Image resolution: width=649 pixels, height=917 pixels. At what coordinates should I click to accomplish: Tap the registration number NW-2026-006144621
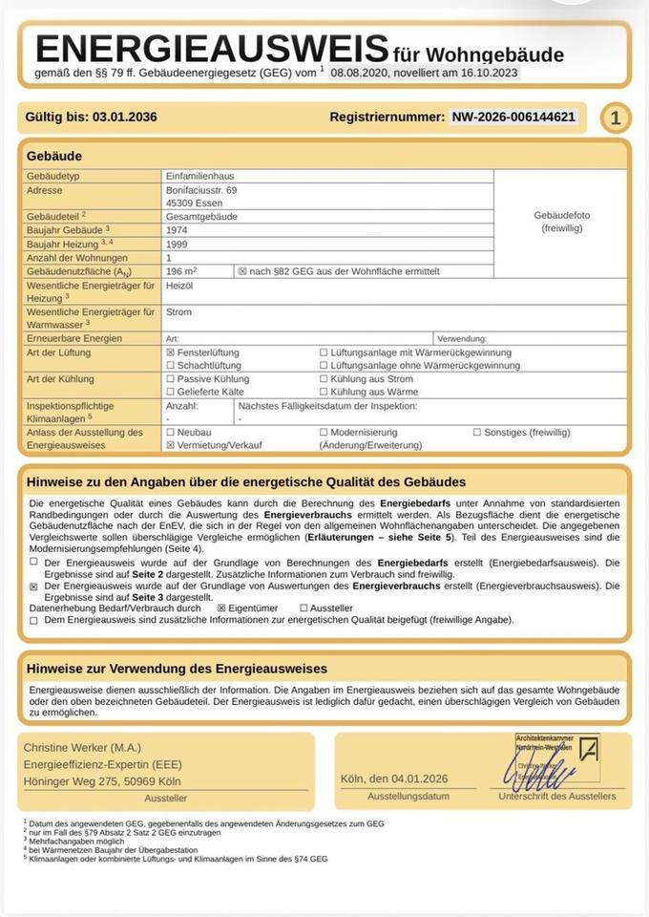(513, 117)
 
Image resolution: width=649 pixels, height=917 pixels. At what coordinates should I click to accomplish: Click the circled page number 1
(616, 118)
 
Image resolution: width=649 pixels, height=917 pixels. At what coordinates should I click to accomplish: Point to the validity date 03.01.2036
(125, 117)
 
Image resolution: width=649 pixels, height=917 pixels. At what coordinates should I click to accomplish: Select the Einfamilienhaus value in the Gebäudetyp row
(199, 177)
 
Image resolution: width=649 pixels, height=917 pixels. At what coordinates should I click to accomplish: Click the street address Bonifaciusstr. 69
(201, 191)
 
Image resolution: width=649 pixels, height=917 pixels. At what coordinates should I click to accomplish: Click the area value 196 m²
(181, 272)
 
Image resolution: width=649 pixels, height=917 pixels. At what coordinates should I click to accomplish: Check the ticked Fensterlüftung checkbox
(171, 352)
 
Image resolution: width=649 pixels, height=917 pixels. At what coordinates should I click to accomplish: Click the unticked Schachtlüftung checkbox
(171, 366)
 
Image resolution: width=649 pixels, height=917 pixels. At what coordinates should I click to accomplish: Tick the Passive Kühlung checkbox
(171, 379)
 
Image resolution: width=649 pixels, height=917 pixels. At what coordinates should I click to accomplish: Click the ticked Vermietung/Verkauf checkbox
(171, 445)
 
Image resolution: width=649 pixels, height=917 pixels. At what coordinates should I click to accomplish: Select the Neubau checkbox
(171, 432)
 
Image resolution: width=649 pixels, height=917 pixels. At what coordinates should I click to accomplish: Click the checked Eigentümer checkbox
(221, 608)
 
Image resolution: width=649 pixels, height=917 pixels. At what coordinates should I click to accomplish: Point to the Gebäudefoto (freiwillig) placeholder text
(561, 223)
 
